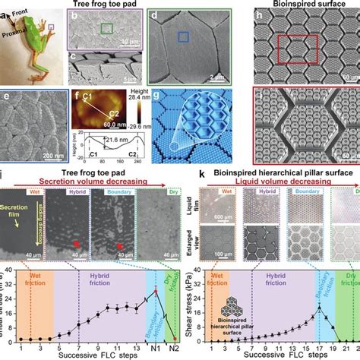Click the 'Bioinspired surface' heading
(304, 5)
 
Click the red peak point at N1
(154, 292)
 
